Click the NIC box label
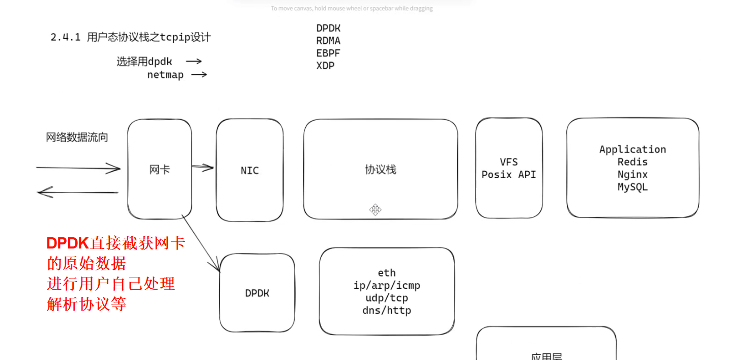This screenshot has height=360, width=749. click(x=249, y=171)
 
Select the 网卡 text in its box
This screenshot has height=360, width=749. click(x=159, y=170)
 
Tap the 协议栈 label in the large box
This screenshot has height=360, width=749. click(x=380, y=170)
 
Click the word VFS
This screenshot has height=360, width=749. click(x=508, y=162)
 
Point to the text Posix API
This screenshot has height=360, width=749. click(x=508, y=175)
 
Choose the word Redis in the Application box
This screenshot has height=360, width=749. click(x=632, y=162)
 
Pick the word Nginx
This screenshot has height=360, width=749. click(x=632, y=175)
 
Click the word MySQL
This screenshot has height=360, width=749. click(x=632, y=187)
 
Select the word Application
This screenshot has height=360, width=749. click(x=632, y=149)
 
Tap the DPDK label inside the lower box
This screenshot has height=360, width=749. click(x=257, y=293)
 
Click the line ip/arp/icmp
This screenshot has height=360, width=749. click(x=387, y=286)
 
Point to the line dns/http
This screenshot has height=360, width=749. click(x=387, y=310)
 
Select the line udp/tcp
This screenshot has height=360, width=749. click(x=387, y=298)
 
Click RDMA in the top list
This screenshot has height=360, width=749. click(x=328, y=41)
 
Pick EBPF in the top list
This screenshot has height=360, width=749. click(x=328, y=53)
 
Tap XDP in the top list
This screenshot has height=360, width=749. click(x=325, y=66)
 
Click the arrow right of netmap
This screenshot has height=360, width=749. click(x=198, y=74)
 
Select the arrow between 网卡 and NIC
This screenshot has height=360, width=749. click(x=203, y=167)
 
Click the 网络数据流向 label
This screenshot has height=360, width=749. click(x=77, y=137)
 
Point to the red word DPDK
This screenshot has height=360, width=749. click(x=68, y=243)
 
